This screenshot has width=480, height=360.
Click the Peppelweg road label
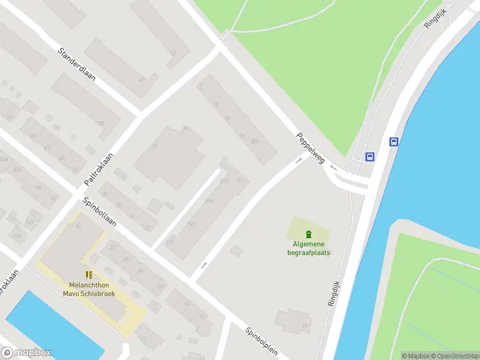pos(310,149)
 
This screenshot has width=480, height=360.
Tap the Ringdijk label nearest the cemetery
pos(334,293)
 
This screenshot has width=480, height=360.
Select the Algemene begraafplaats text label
pos(308,248)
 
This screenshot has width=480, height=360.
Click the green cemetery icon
pos(308,233)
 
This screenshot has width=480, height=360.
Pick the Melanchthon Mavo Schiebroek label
pos(89,289)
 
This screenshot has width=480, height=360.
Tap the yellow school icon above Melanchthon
pos(89,275)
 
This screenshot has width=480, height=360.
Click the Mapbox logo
pos(26,353)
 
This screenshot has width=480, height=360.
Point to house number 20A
pos(255,142)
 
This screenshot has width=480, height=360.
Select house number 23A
pos(224,181)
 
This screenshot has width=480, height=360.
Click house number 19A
pos(208,201)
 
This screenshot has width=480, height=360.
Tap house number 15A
pos(191,223)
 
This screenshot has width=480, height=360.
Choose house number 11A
pos(170,242)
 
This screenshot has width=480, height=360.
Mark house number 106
pos(100,124)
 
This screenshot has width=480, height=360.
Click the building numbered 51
pos(304,326)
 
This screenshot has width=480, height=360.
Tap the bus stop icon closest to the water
pos(394,142)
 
